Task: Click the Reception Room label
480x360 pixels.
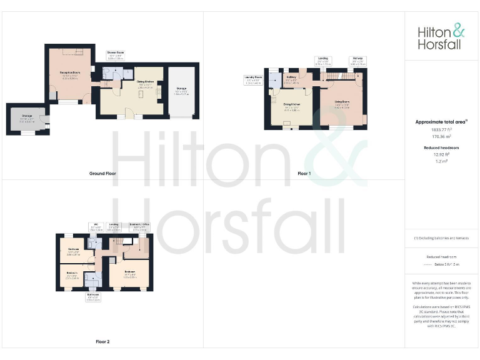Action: (x=73, y=74)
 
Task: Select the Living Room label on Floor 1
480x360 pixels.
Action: (x=341, y=102)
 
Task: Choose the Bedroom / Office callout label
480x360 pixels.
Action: (x=139, y=226)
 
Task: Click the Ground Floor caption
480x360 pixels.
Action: (x=102, y=173)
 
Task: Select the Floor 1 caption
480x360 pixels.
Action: (x=304, y=173)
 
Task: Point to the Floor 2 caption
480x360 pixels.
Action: (x=102, y=342)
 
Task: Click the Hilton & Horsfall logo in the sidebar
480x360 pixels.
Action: (x=442, y=37)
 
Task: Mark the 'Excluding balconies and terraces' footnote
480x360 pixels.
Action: (x=442, y=239)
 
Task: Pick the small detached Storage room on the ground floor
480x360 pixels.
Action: (x=27, y=119)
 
